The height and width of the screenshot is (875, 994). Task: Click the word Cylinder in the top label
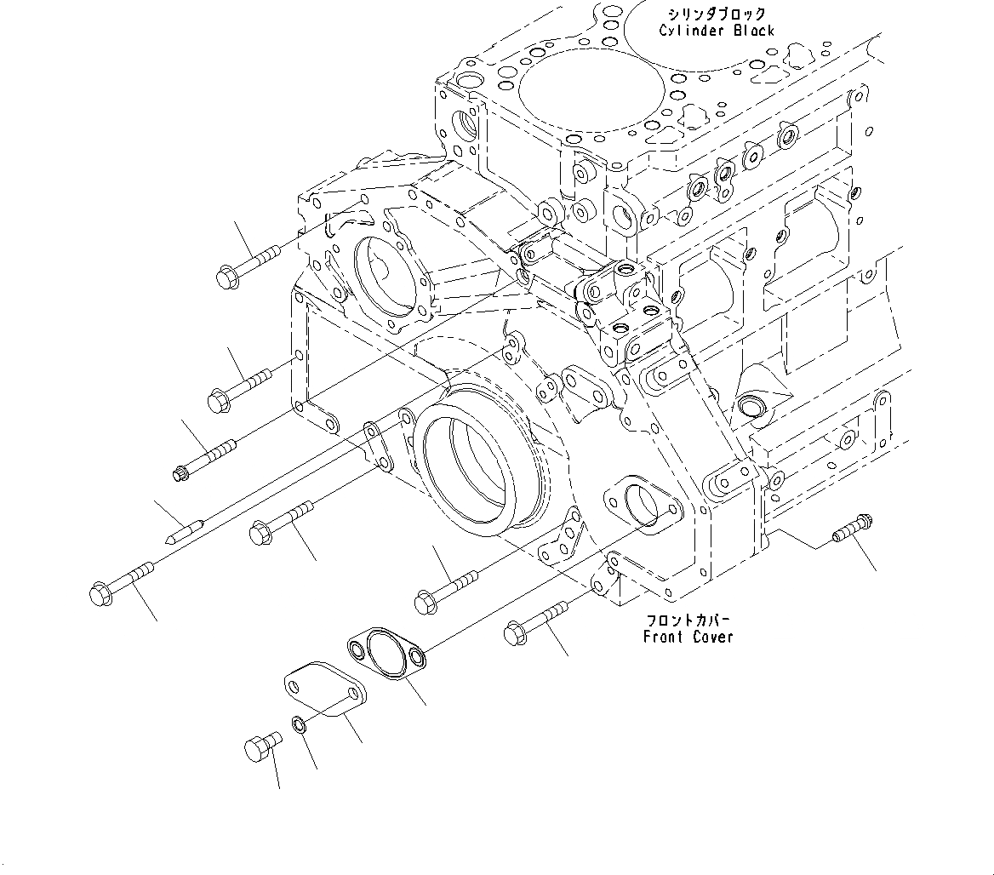coord(688,31)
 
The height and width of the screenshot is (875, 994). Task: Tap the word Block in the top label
coord(751,31)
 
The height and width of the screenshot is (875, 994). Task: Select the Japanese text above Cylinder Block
coord(717,14)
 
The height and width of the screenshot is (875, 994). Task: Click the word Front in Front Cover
coord(664,637)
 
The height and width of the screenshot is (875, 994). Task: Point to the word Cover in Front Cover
coord(711,637)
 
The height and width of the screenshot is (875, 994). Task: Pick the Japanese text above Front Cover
coord(688,620)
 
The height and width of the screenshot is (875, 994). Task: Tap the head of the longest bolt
coord(100,592)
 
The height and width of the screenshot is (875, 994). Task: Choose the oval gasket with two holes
coord(388,652)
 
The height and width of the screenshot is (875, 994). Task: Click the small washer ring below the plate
coord(300,724)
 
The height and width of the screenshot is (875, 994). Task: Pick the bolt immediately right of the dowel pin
coord(281,522)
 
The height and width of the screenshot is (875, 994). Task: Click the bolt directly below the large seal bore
coord(447,591)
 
